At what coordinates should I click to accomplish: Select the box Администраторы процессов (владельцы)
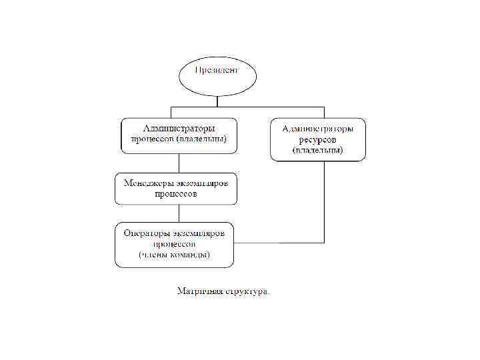179,134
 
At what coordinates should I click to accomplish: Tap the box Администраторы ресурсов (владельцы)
317,139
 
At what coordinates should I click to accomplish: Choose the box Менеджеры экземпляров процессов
175,188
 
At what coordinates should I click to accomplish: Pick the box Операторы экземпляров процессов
175,244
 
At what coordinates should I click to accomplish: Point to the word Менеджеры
142,183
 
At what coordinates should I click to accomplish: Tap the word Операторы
145,233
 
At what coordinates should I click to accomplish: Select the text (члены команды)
175,255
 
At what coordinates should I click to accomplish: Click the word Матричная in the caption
198,291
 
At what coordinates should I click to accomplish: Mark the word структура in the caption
249,291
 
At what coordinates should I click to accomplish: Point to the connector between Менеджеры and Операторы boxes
178,213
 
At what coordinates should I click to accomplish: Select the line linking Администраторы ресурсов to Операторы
324,200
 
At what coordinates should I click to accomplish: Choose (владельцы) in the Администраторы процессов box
207,139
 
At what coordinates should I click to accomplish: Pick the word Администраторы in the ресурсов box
318,127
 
